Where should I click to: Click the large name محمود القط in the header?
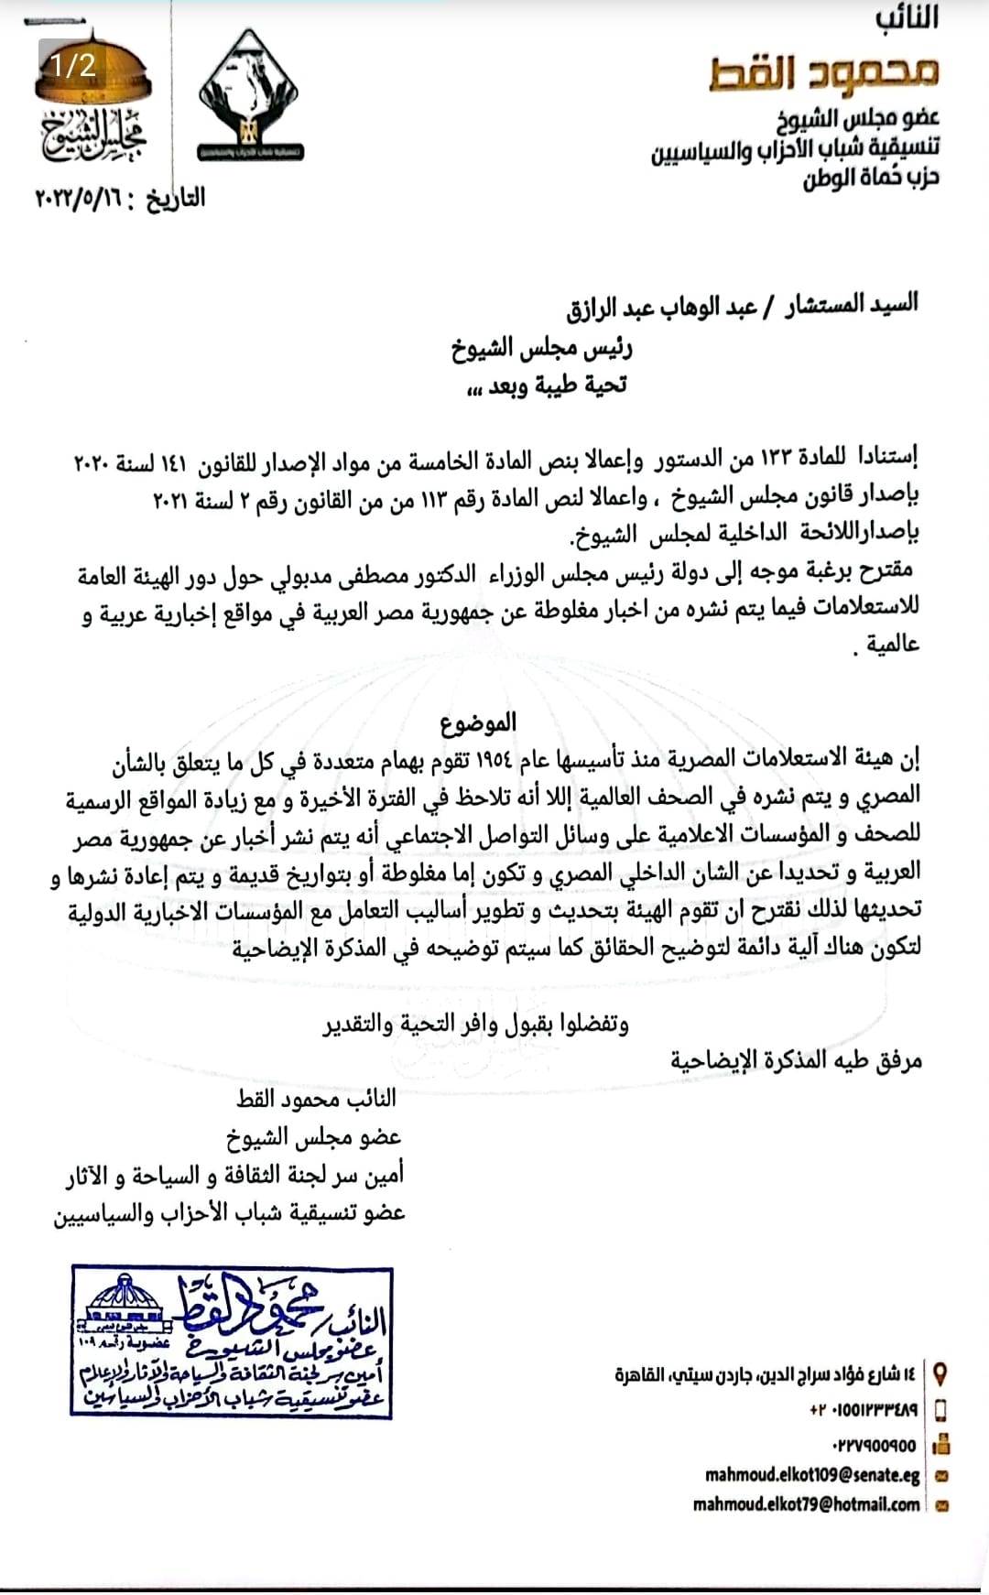click(x=823, y=72)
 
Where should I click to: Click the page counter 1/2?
click(x=73, y=65)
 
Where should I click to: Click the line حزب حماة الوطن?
click(x=871, y=177)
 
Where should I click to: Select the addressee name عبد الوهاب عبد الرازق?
click(x=660, y=305)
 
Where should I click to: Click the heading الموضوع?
click(x=477, y=724)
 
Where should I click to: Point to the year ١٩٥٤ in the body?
click(x=495, y=758)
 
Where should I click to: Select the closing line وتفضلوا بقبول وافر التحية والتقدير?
click(x=475, y=1023)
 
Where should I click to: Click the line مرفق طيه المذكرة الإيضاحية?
click(x=796, y=1060)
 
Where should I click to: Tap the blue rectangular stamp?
click(x=232, y=1342)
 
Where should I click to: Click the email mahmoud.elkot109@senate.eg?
click(x=812, y=1474)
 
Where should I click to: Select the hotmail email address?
click(x=806, y=1504)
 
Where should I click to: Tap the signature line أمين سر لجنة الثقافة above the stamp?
click(x=234, y=1175)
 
